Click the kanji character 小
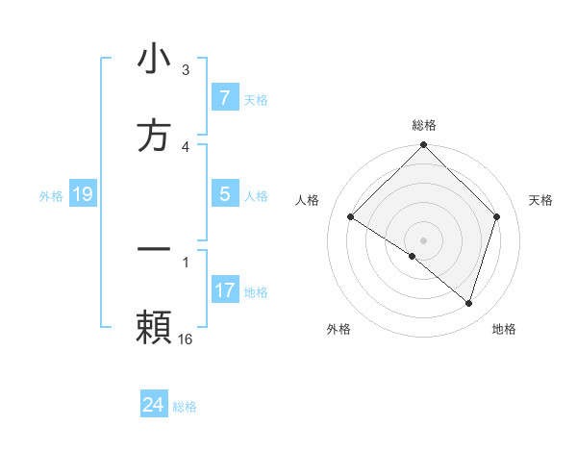(x=154, y=60)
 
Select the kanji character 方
(x=154, y=137)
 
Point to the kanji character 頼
(x=154, y=327)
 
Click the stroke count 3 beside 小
(x=186, y=70)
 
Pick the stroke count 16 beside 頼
(x=186, y=339)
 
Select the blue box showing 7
(x=224, y=98)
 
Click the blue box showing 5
(x=224, y=194)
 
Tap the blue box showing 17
(x=224, y=290)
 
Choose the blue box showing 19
(x=83, y=194)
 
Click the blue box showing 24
(x=154, y=405)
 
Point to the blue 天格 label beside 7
(x=256, y=99)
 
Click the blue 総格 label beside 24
(x=185, y=407)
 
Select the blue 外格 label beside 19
(x=51, y=195)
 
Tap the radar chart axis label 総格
(x=424, y=125)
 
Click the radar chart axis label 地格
(x=504, y=329)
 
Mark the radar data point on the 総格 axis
(x=424, y=146)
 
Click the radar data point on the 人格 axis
(x=351, y=217)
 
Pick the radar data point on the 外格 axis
(x=413, y=256)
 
